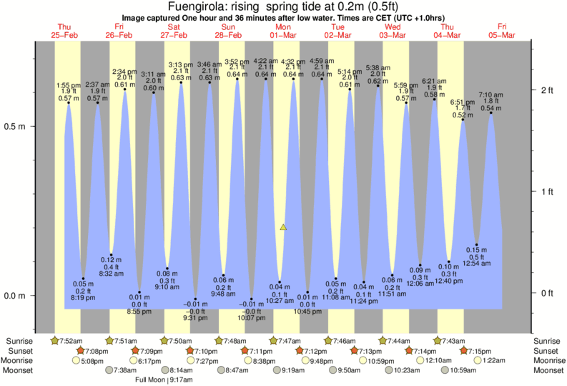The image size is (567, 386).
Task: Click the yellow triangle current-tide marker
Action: pos(283,227)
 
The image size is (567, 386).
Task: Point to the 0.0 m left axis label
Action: pos(16,296)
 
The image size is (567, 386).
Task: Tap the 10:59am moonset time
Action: pos(468,370)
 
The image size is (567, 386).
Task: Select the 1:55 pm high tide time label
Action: pos(69,85)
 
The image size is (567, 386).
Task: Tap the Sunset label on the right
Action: pos(548,351)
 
